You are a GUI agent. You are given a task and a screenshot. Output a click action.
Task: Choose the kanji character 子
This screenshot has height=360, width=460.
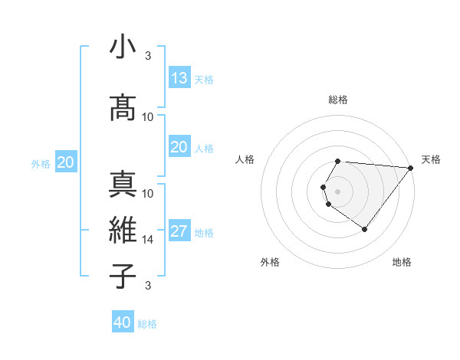[x=123, y=275]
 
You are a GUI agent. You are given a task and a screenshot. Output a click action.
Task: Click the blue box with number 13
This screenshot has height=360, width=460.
[x=179, y=78]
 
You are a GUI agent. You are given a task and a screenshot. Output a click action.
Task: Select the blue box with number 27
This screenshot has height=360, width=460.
[x=179, y=232]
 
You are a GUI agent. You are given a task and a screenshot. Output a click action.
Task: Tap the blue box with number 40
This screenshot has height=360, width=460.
[x=123, y=322]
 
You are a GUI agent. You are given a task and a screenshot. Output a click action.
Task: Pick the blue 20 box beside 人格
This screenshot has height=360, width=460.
[x=179, y=147]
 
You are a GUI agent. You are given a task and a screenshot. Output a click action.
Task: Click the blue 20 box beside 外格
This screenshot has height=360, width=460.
[x=66, y=162]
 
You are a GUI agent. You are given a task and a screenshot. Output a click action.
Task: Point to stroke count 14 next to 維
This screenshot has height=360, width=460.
[x=148, y=240]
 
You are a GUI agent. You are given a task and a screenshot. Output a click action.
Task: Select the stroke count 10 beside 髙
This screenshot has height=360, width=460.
[x=148, y=116]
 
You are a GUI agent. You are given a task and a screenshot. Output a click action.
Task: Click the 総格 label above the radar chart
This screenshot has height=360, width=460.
[x=338, y=100]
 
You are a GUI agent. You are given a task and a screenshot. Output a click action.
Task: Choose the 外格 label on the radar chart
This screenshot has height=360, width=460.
[x=270, y=262]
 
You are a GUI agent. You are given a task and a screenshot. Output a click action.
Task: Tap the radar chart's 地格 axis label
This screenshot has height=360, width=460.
[x=402, y=262]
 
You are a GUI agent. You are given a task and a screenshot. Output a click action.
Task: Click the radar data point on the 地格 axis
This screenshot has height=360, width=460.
[x=364, y=229]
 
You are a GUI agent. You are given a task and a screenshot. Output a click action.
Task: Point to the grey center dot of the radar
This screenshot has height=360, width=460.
[x=338, y=191]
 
